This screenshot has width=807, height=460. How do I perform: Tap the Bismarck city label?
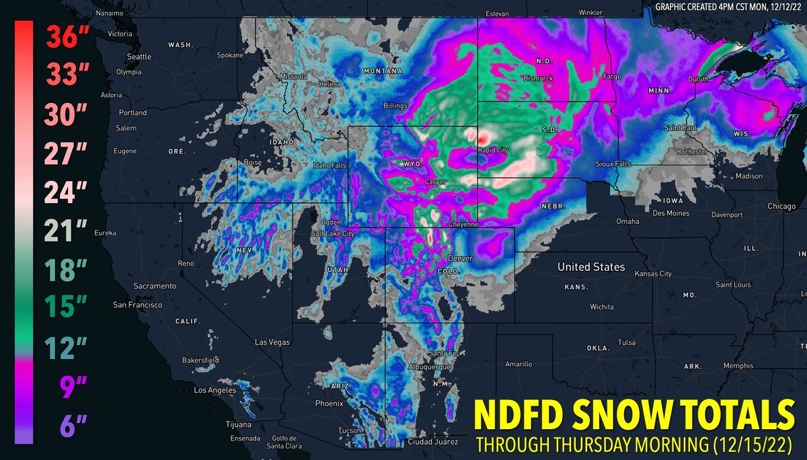click(537, 79)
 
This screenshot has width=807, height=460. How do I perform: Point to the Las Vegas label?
click(272, 342)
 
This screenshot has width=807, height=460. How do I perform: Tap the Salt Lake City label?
click(332, 233)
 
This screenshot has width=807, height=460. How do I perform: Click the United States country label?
click(591, 267)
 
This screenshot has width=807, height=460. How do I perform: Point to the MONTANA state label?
click(383, 71)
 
